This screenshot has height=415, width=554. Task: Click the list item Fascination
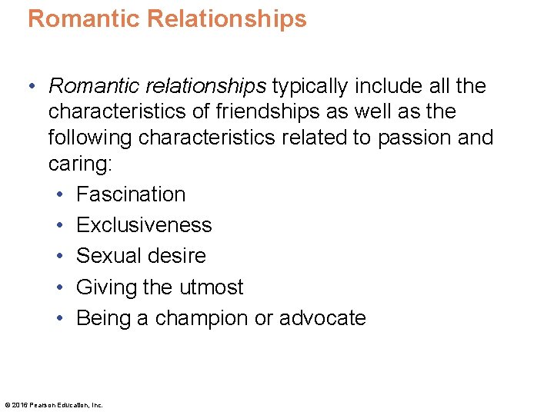[x=131, y=194]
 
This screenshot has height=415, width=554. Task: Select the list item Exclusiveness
[x=144, y=225]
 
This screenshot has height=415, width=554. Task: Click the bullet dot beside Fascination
[x=59, y=194]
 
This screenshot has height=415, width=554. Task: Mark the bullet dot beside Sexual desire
[x=59, y=256]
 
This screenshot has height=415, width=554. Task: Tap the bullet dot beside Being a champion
[x=59, y=318]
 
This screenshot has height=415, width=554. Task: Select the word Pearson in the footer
[x=43, y=405]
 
